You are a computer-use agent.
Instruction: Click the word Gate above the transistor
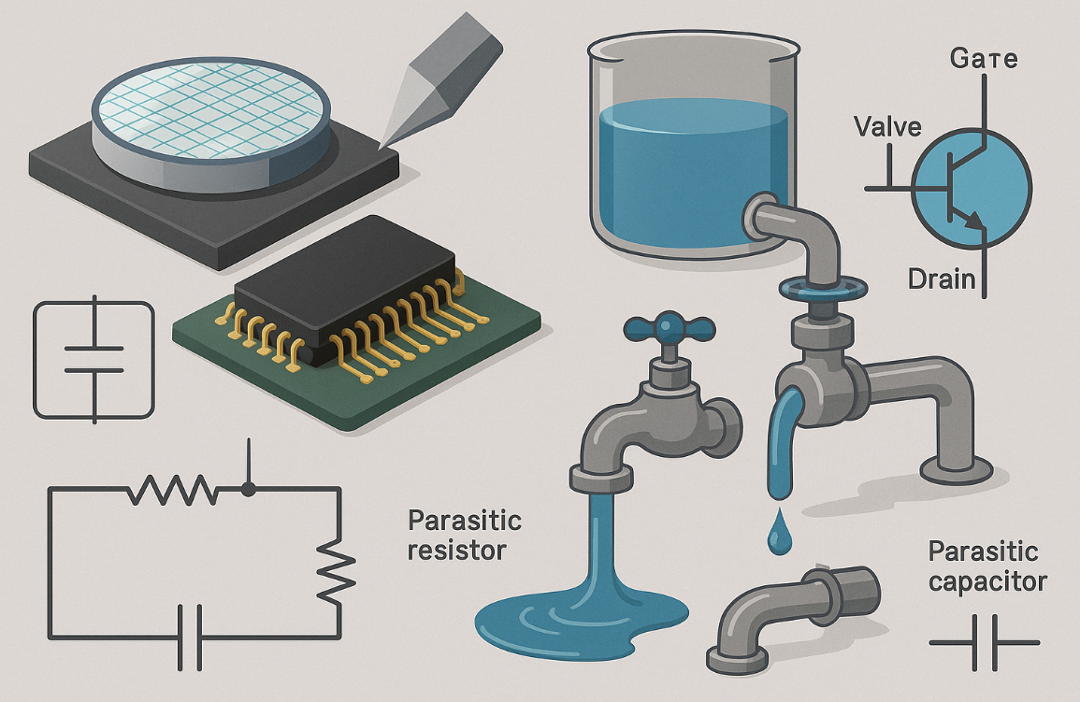(x=984, y=61)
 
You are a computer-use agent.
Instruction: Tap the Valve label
(x=887, y=126)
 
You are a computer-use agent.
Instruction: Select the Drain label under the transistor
(x=942, y=278)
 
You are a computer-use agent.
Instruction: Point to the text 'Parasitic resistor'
(x=465, y=535)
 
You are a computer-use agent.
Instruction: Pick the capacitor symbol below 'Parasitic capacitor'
(x=985, y=642)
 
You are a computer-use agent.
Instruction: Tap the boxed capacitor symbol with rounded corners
(x=94, y=360)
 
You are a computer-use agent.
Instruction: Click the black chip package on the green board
(x=346, y=285)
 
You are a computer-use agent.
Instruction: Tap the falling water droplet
(x=778, y=536)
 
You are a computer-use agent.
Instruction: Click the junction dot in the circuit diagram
(x=248, y=488)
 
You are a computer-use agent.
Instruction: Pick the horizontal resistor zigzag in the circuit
(x=173, y=488)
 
